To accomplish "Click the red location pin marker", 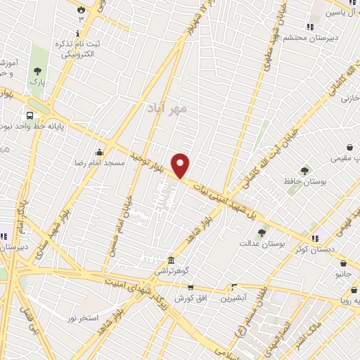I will coord(181,165).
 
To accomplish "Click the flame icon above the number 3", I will coord(80,9).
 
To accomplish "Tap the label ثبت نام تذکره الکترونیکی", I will coord(78,49).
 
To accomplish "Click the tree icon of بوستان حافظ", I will coord(304,170).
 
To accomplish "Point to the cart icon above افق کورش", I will coord(190,287).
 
